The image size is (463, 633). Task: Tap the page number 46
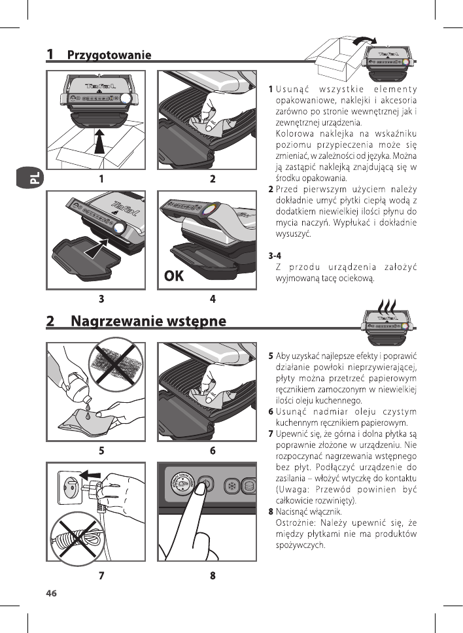[x=52, y=593]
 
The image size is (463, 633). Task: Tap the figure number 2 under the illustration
[x=213, y=179]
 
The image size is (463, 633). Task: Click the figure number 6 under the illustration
[x=213, y=451]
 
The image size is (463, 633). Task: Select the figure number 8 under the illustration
[x=213, y=576]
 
